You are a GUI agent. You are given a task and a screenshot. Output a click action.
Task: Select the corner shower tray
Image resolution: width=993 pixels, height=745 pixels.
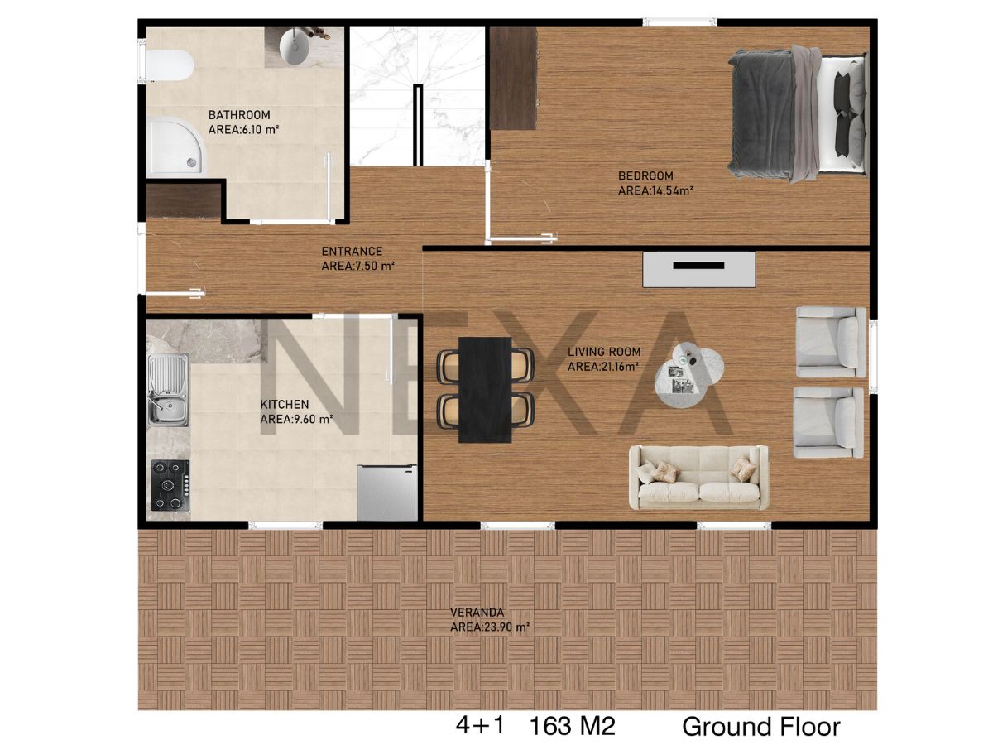click(175, 146)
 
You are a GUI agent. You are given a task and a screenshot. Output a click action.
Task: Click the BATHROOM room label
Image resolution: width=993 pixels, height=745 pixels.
click(239, 115)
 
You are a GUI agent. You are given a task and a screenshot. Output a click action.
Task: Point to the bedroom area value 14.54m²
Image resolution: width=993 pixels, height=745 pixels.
click(672, 190)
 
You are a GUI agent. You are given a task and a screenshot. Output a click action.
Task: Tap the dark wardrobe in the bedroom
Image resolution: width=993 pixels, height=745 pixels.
click(513, 79)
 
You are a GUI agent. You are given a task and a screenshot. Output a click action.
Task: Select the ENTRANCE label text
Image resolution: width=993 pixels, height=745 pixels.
click(352, 251)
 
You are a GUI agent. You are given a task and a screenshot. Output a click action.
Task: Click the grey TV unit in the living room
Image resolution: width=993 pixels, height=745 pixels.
click(699, 270)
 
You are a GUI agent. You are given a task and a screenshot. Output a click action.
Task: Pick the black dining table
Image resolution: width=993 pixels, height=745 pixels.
click(485, 389)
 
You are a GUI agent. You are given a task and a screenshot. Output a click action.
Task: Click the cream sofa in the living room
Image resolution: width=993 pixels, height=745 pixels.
click(698, 478)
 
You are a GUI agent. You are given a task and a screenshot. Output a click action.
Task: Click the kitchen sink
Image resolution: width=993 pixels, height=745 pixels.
click(168, 390)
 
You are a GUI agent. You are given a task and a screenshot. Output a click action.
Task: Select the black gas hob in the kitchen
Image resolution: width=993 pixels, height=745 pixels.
click(170, 485)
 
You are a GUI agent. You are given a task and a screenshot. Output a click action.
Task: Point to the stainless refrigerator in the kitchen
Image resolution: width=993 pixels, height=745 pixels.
click(387, 493)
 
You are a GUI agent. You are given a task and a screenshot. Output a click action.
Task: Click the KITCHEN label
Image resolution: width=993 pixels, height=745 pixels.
click(285, 404)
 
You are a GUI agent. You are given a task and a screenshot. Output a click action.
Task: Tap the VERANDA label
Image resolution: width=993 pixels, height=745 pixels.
click(477, 613)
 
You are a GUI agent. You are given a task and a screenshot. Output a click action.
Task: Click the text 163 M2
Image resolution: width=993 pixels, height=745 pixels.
click(573, 727)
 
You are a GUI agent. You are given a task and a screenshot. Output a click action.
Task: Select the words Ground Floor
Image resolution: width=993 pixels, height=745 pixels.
click(761, 727)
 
